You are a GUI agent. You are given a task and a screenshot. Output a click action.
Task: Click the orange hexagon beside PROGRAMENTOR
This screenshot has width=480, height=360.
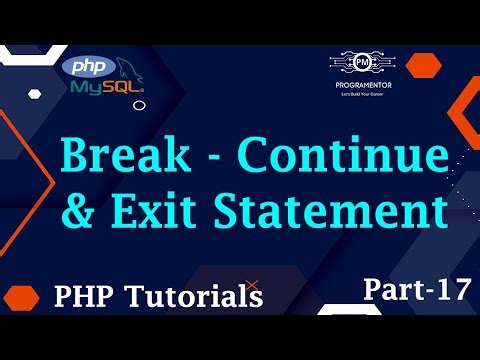[x=424, y=65]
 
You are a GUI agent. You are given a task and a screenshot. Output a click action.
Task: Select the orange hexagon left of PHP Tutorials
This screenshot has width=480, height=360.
[x=22, y=297]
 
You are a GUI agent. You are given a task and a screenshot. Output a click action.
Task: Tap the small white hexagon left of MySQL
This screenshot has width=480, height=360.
[x=35, y=94]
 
